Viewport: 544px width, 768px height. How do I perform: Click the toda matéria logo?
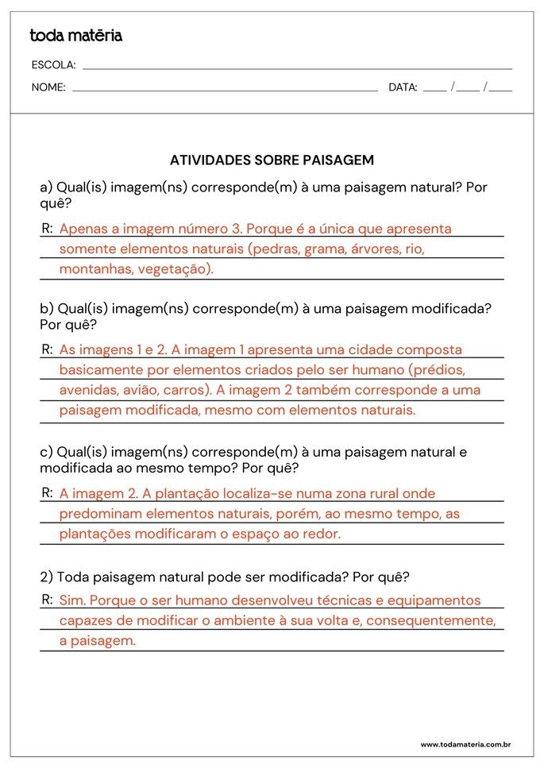[x=76, y=36]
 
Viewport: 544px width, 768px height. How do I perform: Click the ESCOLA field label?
[x=54, y=65]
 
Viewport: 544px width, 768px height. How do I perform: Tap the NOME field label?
[x=48, y=88]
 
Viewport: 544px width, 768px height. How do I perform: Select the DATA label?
[x=403, y=88]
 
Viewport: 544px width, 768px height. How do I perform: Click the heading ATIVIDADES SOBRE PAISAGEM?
[x=272, y=160]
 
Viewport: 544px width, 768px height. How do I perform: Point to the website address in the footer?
[x=465, y=744]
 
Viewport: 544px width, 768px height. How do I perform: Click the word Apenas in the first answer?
[x=83, y=230]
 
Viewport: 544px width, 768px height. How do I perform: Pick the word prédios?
[x=437, y=370]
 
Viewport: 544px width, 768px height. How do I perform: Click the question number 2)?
[x=47, y=577]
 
